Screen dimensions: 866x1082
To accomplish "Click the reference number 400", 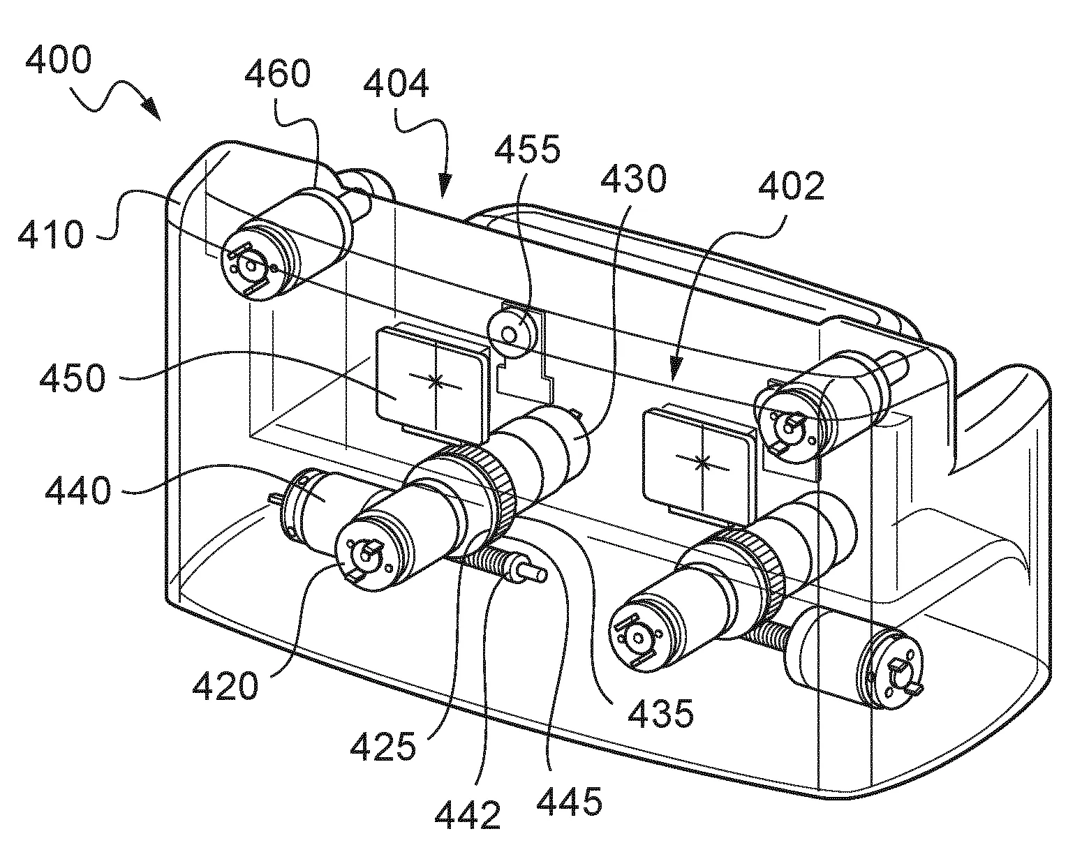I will coord(58,60).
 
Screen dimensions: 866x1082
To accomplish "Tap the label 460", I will coord(276,75).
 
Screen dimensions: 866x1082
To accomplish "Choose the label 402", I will coord(791,187).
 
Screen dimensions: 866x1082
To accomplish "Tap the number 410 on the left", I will coord(50,235).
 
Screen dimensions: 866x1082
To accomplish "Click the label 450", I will coord(72,380).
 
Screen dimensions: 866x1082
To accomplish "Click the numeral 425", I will coord(383,747).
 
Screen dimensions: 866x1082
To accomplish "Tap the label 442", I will coord(467,815).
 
